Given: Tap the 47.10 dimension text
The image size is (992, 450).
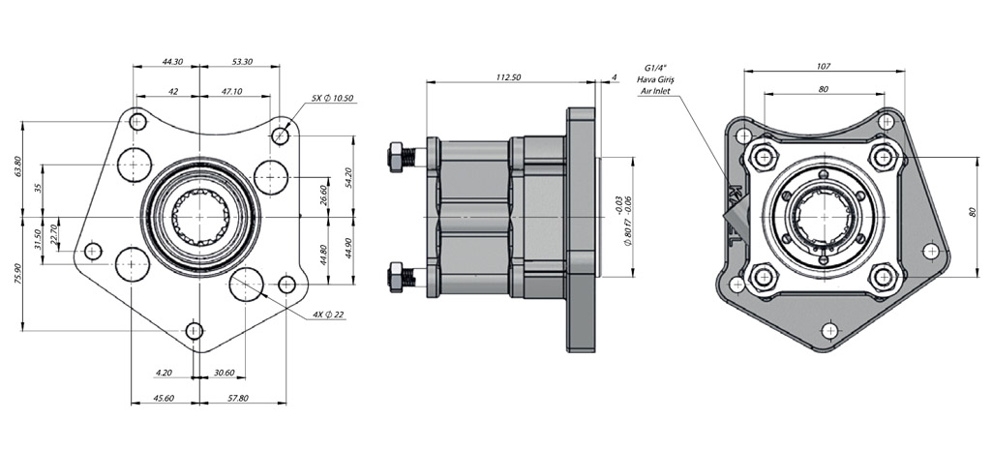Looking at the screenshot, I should pos(231,92).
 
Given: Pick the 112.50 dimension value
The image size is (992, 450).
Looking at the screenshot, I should pos(508,76).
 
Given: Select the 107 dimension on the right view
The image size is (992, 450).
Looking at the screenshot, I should pos(823,66).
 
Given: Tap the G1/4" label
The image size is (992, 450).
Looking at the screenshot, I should pos(655,67).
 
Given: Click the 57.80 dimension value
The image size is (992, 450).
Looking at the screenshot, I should pos(237,399).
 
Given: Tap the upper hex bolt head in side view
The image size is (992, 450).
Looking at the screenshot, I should pos(396,155).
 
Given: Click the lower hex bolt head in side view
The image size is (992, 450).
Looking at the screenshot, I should pos(396,278).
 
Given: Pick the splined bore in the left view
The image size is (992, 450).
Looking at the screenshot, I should pos(199,218).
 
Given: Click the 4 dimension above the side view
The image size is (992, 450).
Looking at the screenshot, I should pos(615,76).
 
